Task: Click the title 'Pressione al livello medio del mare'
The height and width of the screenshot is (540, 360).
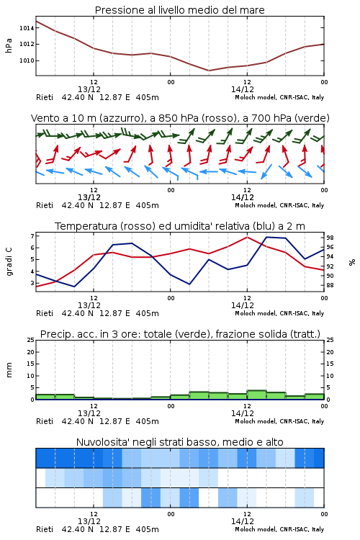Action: point(179,10)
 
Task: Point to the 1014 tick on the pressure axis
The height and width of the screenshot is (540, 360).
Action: point(27,28)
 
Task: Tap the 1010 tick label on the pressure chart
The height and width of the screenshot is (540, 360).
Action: point(27,61)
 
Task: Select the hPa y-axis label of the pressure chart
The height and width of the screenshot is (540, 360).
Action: point(9,45)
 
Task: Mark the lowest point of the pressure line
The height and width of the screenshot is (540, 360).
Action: point(209,71)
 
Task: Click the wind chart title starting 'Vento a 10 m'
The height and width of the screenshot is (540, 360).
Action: point(180,118)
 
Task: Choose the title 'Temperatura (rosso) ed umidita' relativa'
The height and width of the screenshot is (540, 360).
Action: point(180,226)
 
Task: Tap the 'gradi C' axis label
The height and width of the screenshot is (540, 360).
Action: point(9,262)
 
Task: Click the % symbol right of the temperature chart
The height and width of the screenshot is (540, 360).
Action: point(352,262)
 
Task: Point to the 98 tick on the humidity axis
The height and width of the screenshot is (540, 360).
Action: point(330,238)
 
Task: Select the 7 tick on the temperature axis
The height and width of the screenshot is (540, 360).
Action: point(32,236)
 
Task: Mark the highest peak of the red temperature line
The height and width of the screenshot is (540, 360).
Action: point(247,237)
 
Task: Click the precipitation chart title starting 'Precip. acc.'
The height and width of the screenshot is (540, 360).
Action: point(180,334)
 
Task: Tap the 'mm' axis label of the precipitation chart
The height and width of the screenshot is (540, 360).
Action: point(9,370)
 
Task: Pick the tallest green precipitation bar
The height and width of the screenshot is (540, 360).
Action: point(256,395)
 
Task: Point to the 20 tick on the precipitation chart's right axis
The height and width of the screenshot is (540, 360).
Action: point(330,352)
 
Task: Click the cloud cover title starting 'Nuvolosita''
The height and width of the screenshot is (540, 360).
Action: point(179,442)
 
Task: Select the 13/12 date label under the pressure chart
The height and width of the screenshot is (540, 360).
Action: point(89,89)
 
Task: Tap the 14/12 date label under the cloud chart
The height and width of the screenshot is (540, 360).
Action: point(243,521)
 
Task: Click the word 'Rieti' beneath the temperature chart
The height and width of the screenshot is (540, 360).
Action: point(45,313)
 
